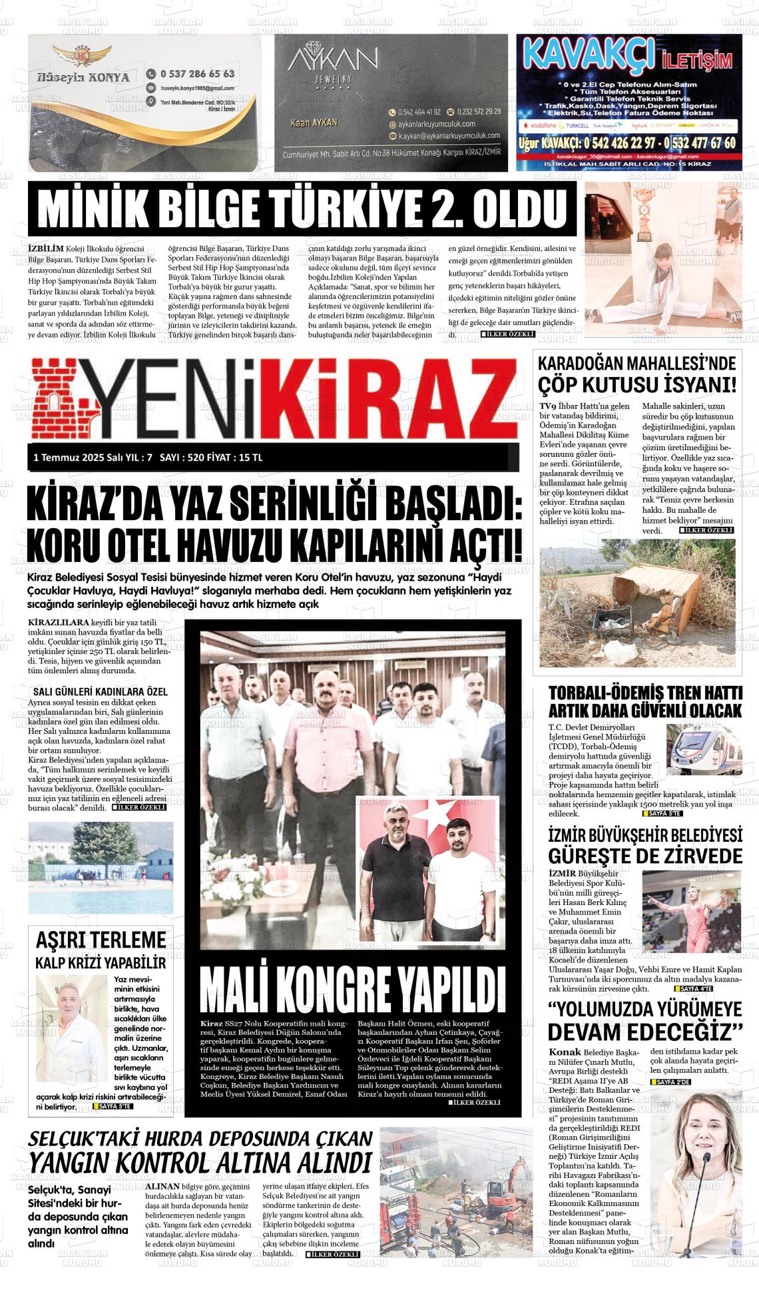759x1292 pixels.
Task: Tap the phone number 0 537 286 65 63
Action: (x=197, y=74)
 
